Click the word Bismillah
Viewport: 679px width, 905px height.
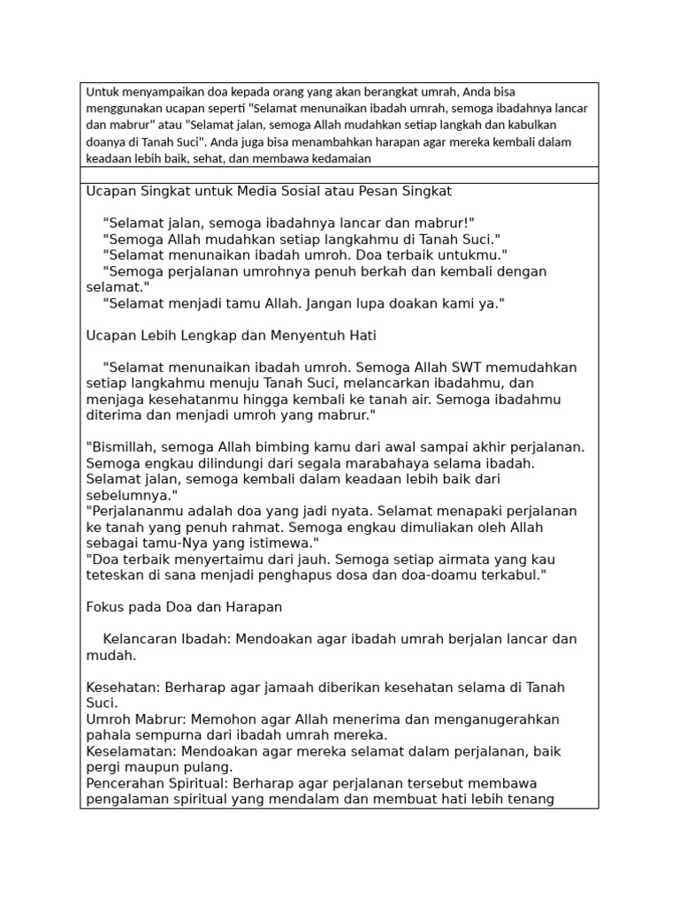pyautogui.click(x=123, y=447)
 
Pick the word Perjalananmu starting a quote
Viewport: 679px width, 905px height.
pyautogui.click(x=132, y=511)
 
